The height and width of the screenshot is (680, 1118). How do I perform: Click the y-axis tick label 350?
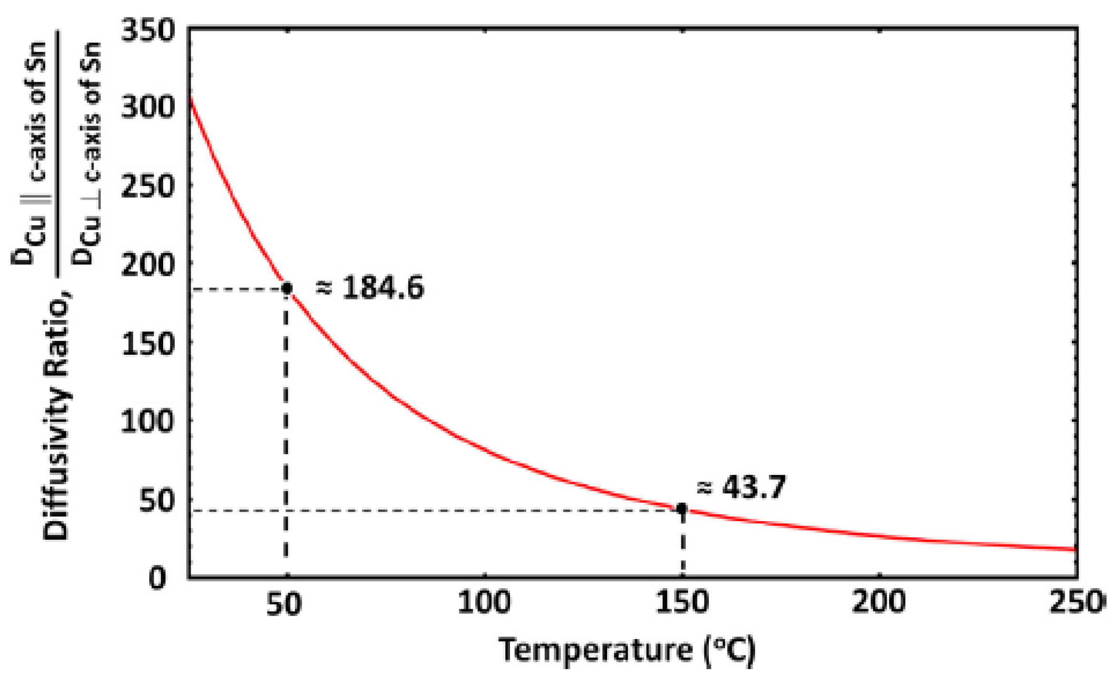tap(148, 31)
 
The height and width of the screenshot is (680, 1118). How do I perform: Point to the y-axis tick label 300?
tap(148, 107)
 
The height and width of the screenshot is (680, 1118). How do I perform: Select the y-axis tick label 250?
tap(148, 186)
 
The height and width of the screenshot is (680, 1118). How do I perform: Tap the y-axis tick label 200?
tap(148, 264)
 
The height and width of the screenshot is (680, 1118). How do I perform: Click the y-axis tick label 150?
tap(148, 343)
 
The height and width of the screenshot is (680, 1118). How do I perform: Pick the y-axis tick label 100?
tap(148, 421)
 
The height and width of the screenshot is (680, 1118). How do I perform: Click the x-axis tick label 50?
tap(284, 604)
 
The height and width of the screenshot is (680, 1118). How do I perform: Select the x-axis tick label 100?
tap(484, 602)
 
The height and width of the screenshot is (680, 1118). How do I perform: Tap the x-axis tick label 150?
tap(682, 602)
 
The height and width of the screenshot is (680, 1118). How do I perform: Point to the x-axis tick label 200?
tap(879, 602)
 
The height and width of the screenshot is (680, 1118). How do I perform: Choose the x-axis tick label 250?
tap(1076, 602)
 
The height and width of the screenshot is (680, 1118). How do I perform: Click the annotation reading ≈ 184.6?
tap(370, 288)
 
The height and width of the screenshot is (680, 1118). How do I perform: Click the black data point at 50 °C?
tap(287, 288)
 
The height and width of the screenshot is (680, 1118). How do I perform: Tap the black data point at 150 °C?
tap(682, 509)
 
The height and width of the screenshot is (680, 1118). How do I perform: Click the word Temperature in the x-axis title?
tap(595, 650)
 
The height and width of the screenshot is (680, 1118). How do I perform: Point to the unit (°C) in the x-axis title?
tap(729, 651)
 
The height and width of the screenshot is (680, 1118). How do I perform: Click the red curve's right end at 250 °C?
tap(1074, 549)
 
